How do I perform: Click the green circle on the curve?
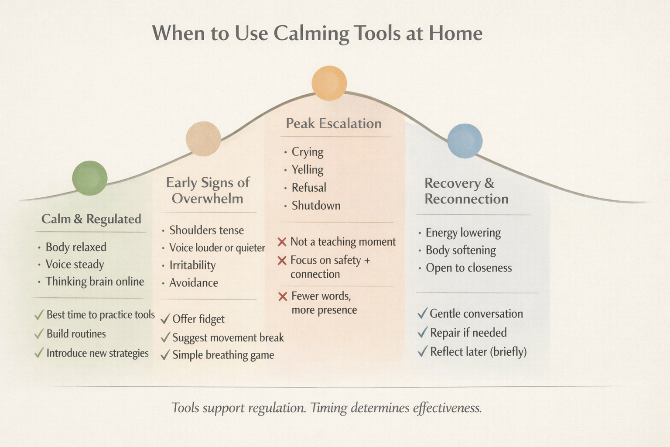[90, 178]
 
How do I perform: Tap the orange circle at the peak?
[329, 83]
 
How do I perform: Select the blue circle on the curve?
[465, 141]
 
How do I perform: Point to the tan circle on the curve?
[203, 139]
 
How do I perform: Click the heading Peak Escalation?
[334, 124]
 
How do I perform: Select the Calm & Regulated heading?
[91, 219]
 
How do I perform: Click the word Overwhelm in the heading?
[207, 199]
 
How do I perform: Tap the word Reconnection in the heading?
[466, 199]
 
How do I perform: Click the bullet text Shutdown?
[316, 206]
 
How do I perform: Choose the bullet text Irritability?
[192, 265]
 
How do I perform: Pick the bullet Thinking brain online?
[95, 282]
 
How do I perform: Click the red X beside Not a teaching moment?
[282, 242]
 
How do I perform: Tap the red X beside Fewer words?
[283, 296]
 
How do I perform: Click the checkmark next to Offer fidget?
[165, 319]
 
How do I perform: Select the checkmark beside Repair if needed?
[422, 333]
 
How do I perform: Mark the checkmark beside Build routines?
[39, 334]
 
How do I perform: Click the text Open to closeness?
[468, 268]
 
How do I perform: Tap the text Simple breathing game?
[223, 355]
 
